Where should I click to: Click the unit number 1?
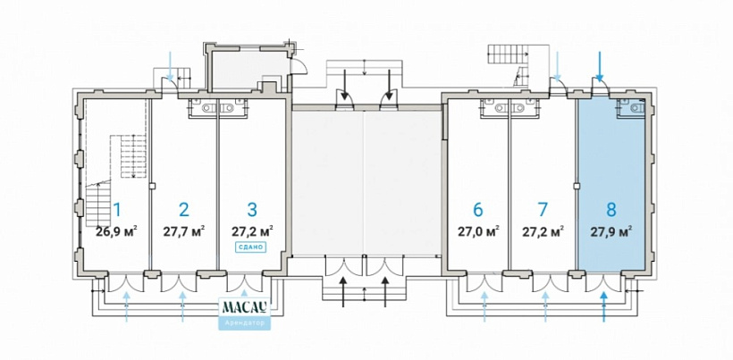click(116, 210)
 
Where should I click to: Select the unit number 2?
click(184, 210)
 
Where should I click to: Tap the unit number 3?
click(252, 210)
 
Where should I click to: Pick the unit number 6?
click(477, 210)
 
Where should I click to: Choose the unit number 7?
click(543, 210)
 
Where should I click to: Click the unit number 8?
click(611, 210)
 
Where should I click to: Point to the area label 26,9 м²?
click(116, 230)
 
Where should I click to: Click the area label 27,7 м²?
click(184, 230)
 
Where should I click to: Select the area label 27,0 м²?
click(477, 230)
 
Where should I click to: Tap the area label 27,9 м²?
click(611, 230)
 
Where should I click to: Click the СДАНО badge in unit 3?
click(251, 247)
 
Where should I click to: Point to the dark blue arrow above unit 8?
click(600, 66)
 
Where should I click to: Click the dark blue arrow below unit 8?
click(605, 305)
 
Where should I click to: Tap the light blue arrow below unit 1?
click(127, 305)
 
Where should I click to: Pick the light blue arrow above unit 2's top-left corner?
click(172, 64)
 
